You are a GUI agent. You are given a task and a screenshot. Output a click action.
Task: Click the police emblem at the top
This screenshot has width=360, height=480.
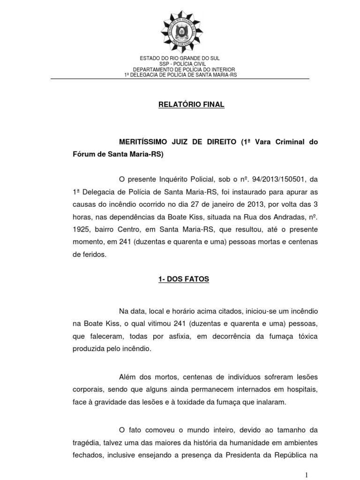pos(180,31)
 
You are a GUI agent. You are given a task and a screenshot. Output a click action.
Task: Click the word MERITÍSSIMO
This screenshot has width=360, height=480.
pos(145,142)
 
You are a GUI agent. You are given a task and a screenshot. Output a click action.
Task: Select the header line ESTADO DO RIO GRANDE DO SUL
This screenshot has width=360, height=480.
pos(180,58)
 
